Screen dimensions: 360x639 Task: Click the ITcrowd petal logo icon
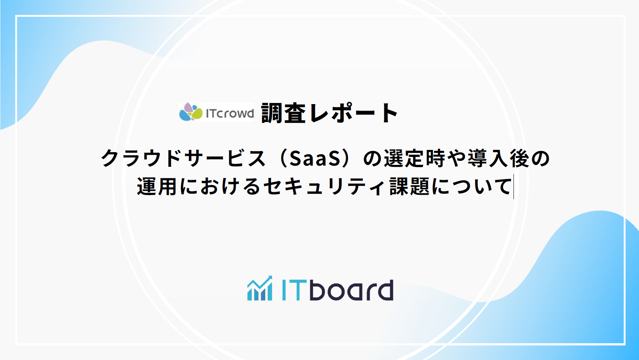point(191,112)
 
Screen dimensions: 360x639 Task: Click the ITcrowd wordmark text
point(230,114)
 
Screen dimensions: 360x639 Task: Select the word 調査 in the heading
point(283,113)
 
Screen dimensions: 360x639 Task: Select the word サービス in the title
point(225,159)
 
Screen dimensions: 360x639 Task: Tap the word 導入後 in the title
point(498,159)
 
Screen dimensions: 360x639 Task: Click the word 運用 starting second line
point(157,187)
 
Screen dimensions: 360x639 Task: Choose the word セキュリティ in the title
point(324,187)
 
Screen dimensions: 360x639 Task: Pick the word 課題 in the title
point(410,187)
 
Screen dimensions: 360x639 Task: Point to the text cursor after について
point(513,187)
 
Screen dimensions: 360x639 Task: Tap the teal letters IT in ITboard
point(294,290)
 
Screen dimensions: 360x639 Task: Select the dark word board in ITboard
point(352,290)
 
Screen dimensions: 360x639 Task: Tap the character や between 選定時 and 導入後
point(456,159)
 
